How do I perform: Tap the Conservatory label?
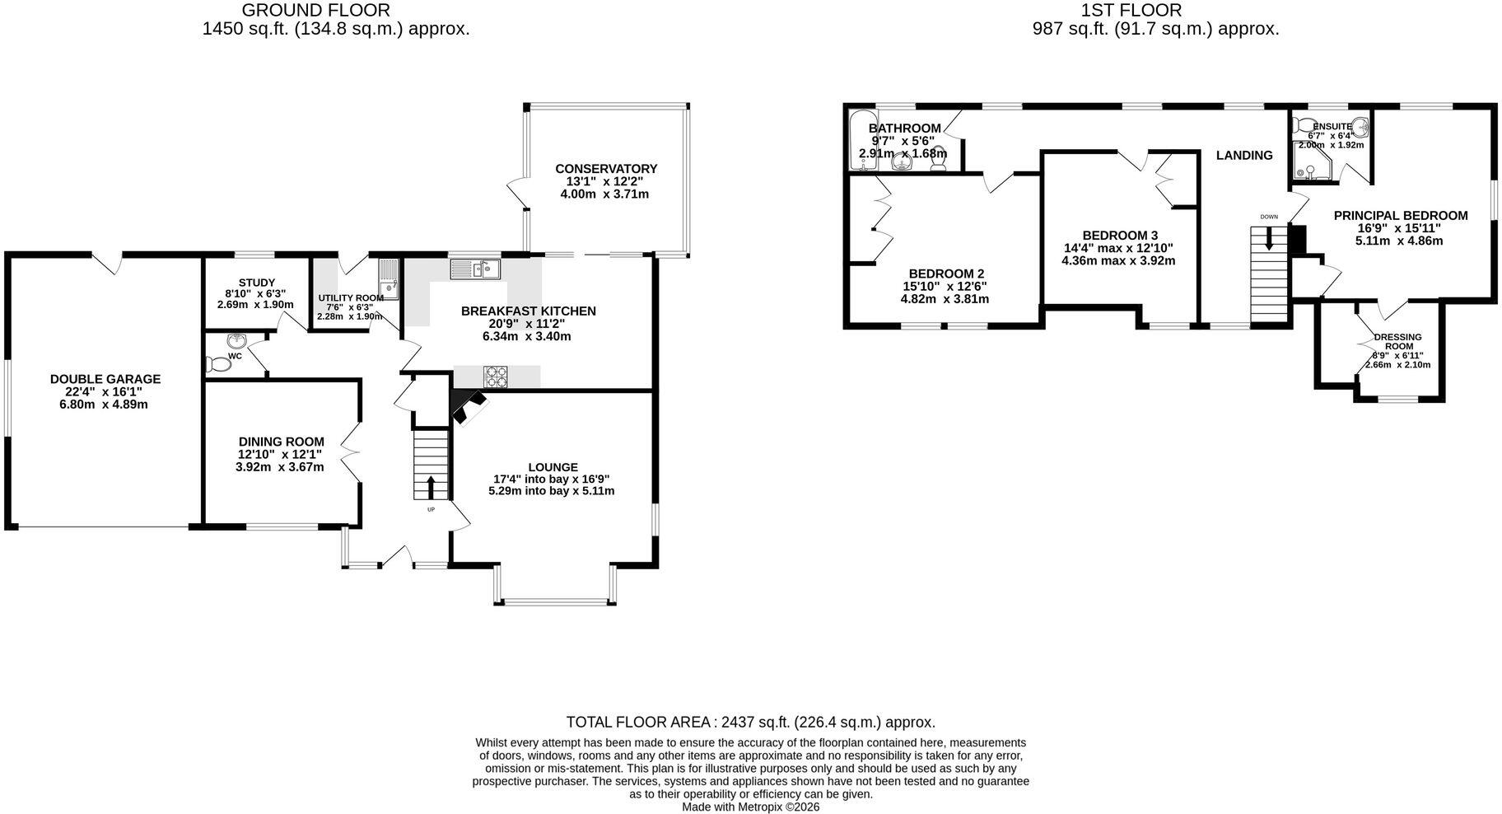tap(606, 169)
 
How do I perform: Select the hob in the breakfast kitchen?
tap(496, 376)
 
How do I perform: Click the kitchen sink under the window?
tap(475, 269)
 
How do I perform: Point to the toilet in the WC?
tap(219, 363)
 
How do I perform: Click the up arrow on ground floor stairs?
tap(431, 486)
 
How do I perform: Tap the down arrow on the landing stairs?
tap(1268, 237)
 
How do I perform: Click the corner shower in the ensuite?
tap(1311, 161)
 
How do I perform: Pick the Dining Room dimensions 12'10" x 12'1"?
tap(280, 454)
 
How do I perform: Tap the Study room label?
tap(257, 283)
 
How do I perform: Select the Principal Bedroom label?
tap(1401, 216)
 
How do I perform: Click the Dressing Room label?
tap(1398, 342)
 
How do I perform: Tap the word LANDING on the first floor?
tap(1244, 155)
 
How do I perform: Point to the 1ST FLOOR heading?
tap(1131, 10)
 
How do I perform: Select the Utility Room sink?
tap(388, 279)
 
